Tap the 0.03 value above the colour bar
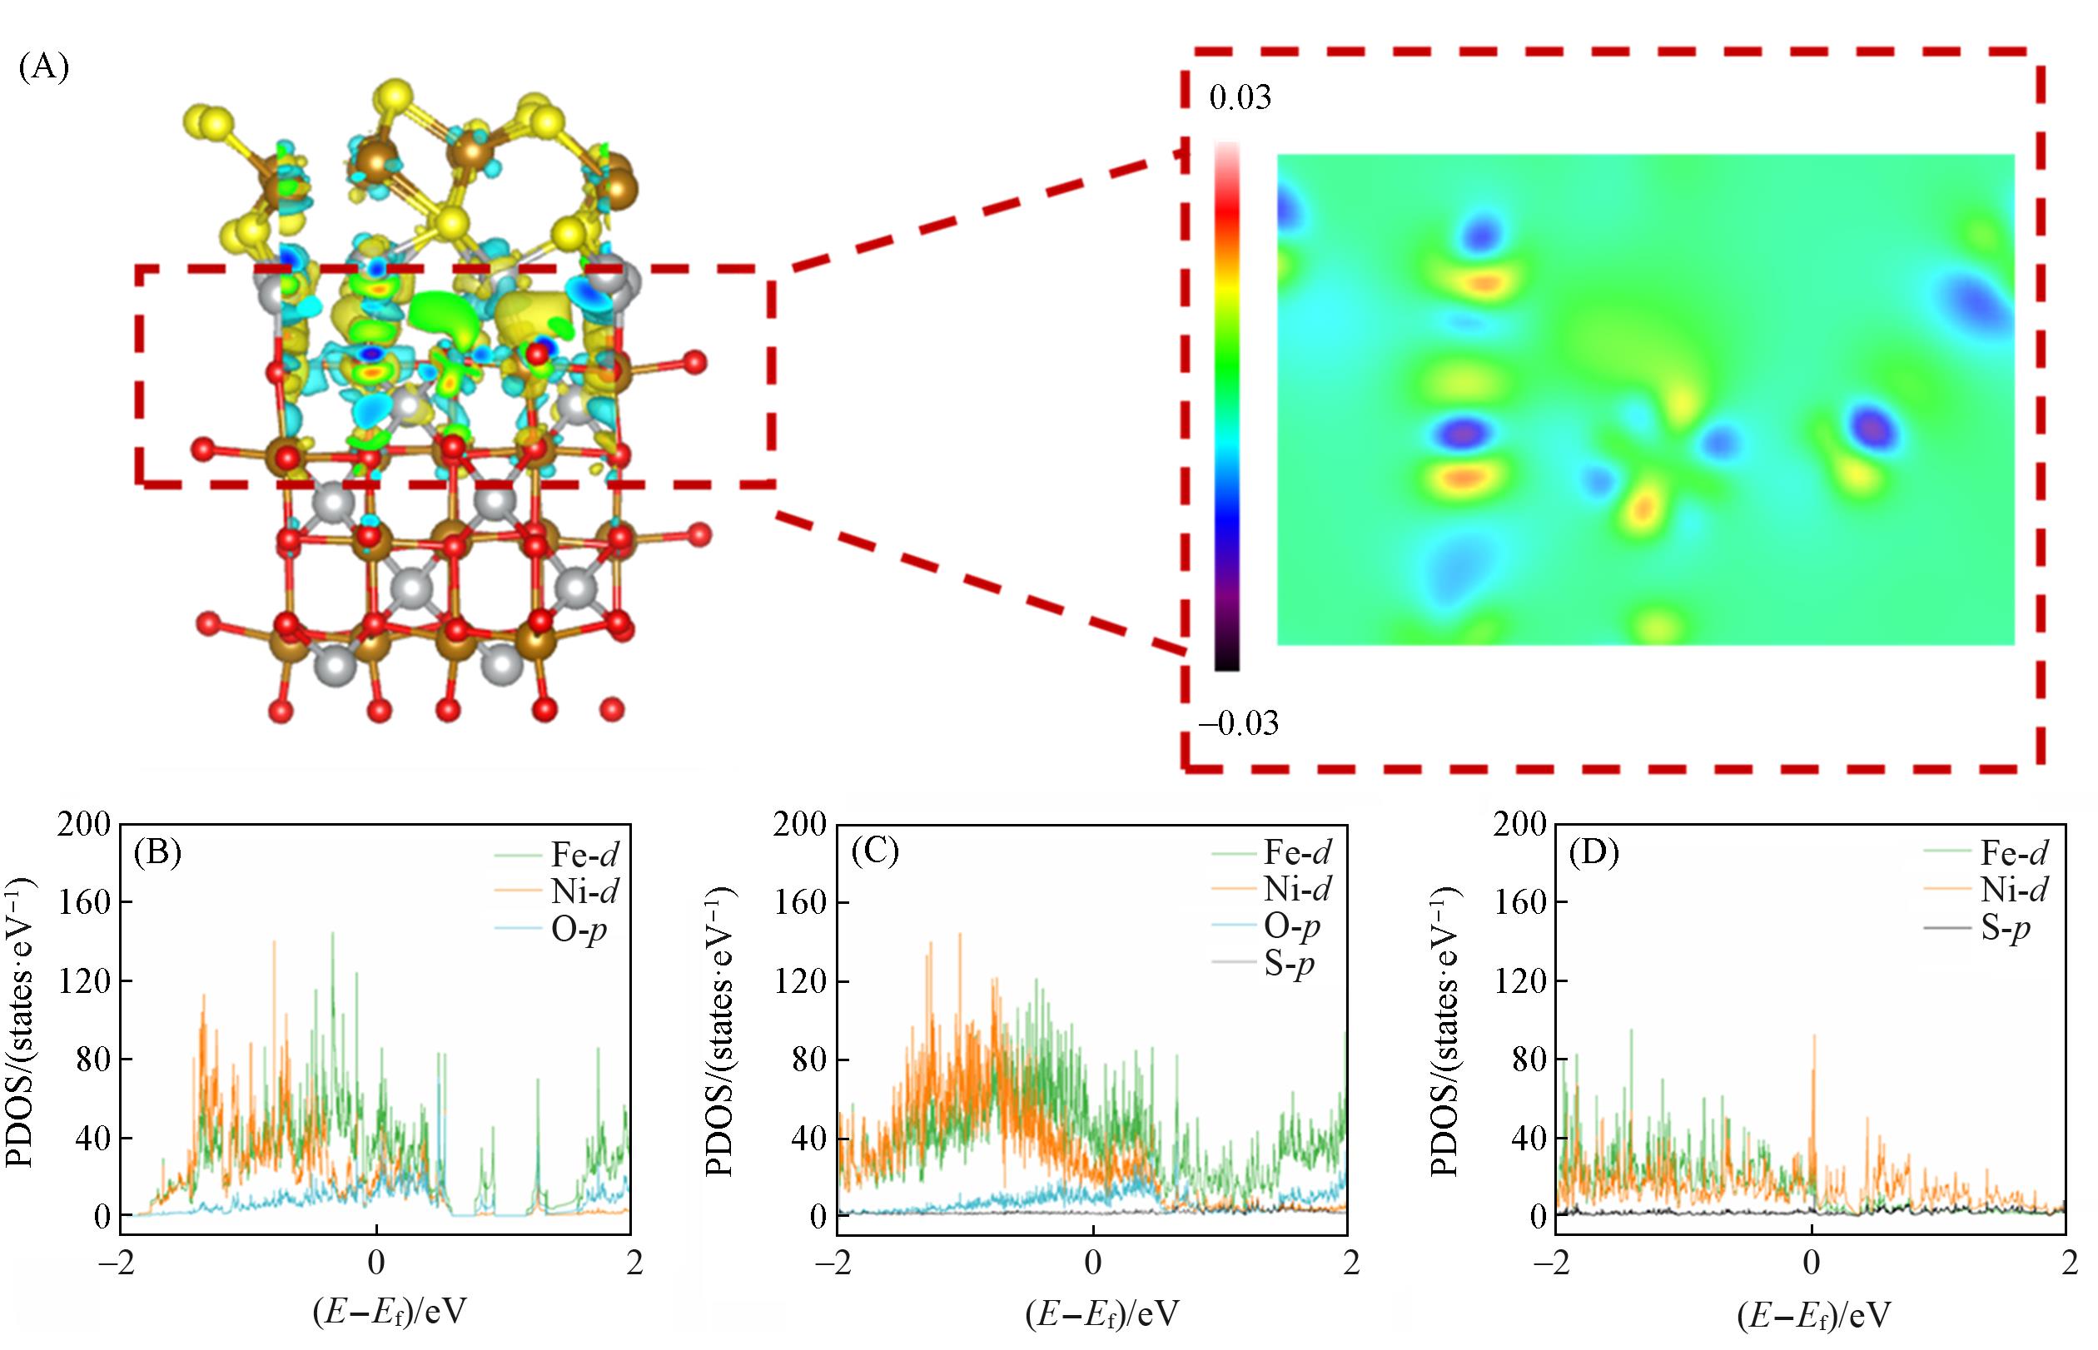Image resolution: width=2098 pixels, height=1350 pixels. point(1239,97)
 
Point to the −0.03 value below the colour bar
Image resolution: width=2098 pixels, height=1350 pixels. point(1238,724)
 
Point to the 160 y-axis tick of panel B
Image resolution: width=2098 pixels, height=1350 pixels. point(84,902)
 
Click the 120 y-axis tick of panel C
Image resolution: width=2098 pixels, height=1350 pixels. point(802,981)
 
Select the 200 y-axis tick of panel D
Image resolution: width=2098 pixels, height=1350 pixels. point(1519,824)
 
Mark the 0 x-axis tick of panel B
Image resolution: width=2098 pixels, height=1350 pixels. point(375,1263)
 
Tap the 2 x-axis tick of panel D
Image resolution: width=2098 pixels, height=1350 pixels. point(2069,1263)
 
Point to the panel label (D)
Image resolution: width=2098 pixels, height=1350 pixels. point(1593,853)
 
